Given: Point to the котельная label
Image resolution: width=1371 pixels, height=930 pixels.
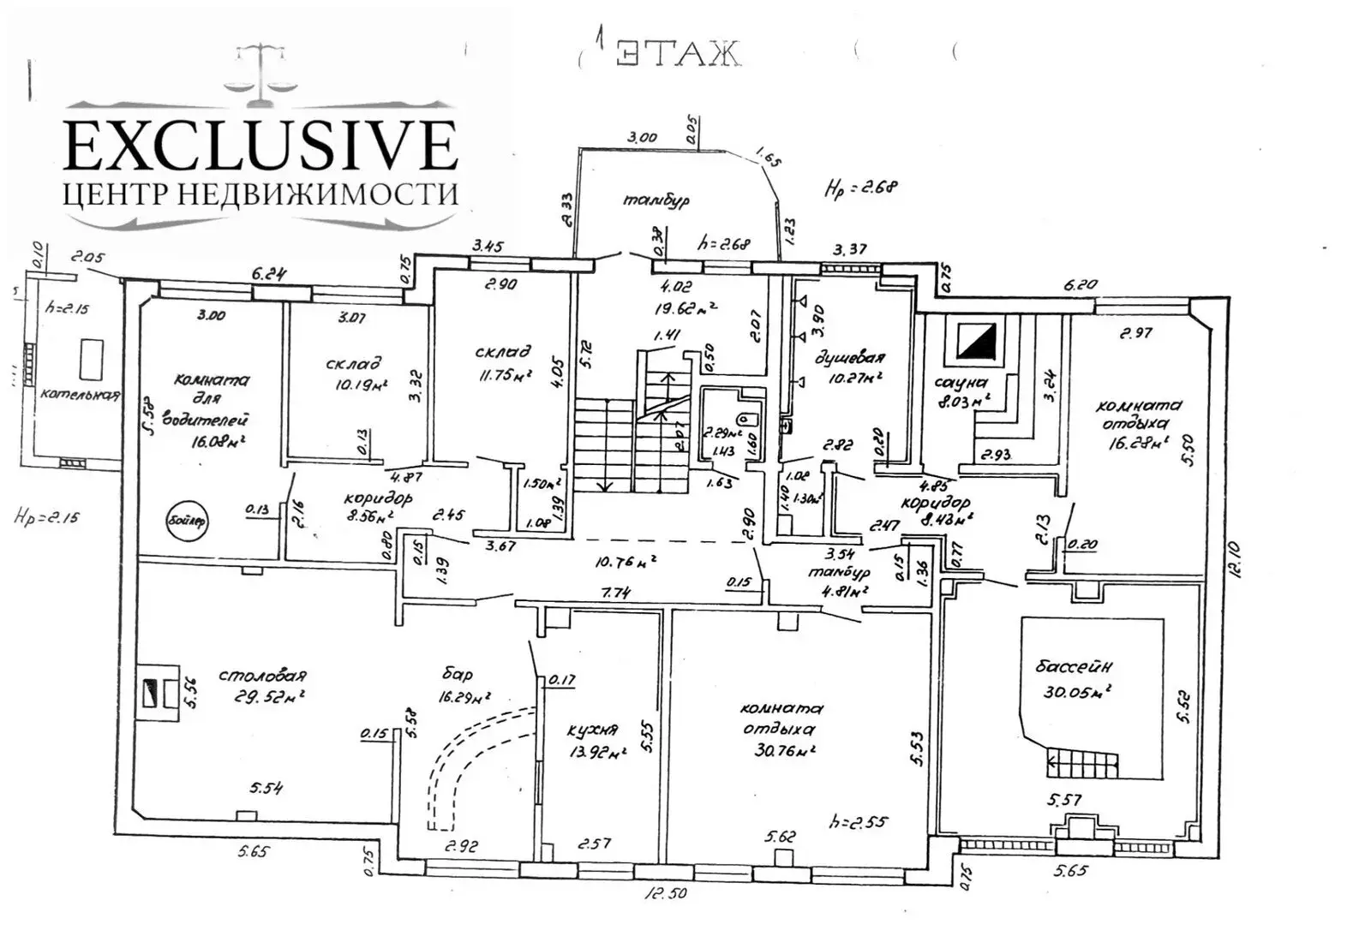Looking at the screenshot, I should pyautogui.click(x=80, y=395).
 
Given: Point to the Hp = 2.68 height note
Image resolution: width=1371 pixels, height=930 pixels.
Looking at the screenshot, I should pyautogui.click(x=860, y=188).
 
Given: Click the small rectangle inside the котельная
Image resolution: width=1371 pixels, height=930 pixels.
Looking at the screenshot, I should pyautogui.click(x=89, y=358).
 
